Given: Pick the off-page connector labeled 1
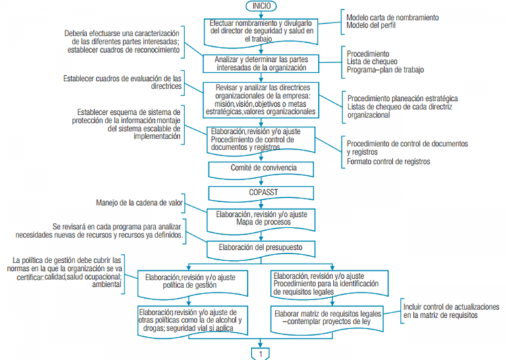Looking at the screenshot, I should (261, 353).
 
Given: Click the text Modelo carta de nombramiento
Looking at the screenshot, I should (392, 17).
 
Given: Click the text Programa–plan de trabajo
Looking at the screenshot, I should (386, 69).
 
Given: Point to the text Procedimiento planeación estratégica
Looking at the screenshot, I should (403, 98).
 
